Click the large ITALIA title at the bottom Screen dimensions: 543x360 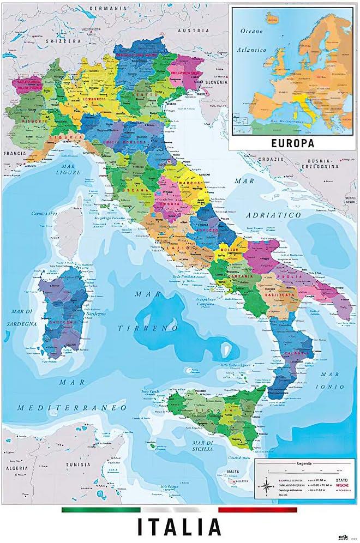pyautogui.click(x=179, y=527)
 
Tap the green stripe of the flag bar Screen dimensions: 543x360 pyautogui.click(x=100, y=510)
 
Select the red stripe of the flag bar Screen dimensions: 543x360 pyautogui.click(x=257, y=510)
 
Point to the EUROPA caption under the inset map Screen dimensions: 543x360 pyautogui.click(x=292, y=143)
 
